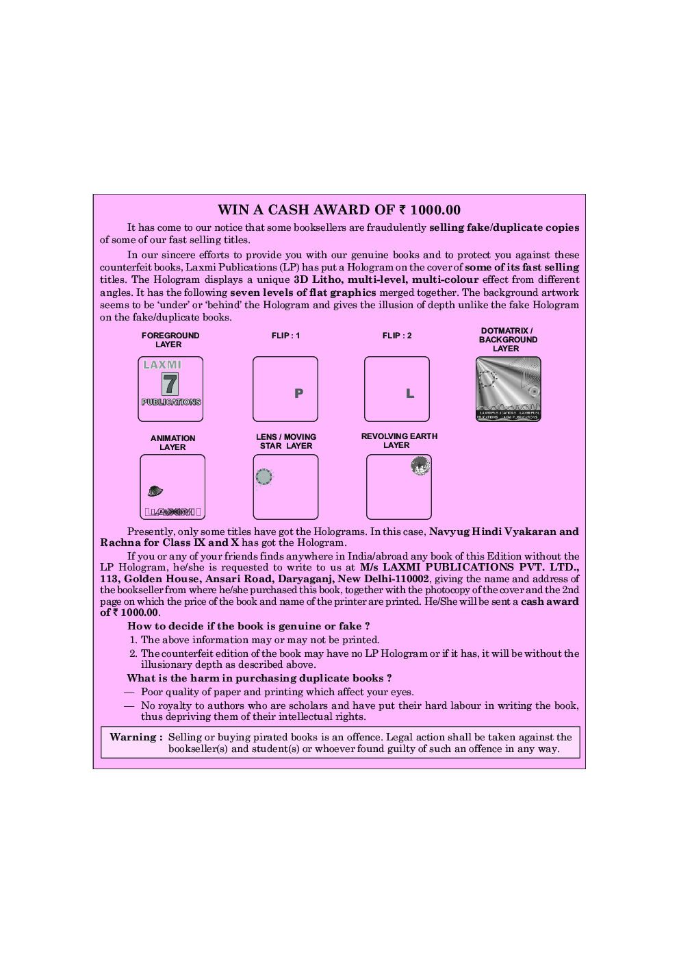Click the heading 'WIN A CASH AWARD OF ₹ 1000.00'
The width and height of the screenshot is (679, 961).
[339, 210]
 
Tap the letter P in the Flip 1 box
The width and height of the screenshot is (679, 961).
[298, 393]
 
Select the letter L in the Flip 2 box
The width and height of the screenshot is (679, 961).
[410, 393]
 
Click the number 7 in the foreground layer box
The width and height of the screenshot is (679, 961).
[170, 384]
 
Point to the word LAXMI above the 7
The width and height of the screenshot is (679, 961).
[162, 365]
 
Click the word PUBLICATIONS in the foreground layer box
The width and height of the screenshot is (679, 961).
[171, 402]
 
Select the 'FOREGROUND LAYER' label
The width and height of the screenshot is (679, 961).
[170, 340]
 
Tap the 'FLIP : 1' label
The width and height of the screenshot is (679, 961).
[285, 336]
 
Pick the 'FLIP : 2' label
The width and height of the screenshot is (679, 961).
[397, 336]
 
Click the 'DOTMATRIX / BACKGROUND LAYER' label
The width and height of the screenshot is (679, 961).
[507, 340]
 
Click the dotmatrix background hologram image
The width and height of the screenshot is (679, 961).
[508, 388]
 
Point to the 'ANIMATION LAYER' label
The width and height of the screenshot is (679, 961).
[172, 442]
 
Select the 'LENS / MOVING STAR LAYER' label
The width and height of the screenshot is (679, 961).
[286, 441]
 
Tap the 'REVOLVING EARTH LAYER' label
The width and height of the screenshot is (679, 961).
[398, 440]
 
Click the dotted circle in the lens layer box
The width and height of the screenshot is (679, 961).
[264, 477]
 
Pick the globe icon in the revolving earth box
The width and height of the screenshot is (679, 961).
[420, 466]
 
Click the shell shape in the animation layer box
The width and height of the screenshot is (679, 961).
[155, 490]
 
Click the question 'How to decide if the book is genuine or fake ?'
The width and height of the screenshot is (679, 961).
[248, 626]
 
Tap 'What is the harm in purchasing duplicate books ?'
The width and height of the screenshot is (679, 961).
[259, 678]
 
